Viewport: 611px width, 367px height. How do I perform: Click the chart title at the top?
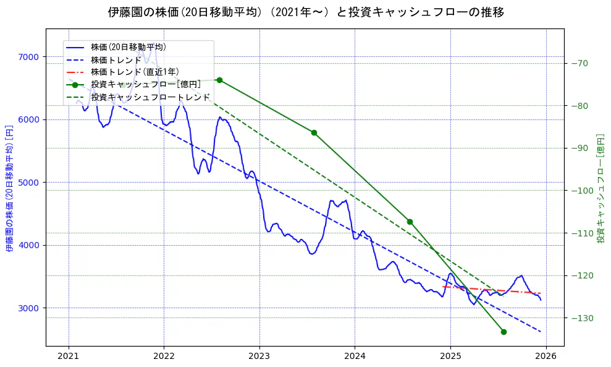[x=306, y=12]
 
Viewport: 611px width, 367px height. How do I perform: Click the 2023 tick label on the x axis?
[x=259, y=356]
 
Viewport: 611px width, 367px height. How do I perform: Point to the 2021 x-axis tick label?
[x=69, y=356]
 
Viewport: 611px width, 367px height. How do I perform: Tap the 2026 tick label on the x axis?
[x=546, y=356]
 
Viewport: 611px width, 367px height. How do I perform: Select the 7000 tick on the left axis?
[x=29, y=57]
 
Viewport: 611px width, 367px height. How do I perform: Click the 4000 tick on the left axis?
[x=29, y=245]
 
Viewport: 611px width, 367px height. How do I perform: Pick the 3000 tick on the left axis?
[x=29, y=308]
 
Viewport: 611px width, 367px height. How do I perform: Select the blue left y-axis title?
[x=9, y=188]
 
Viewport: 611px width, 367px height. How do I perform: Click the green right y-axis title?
[x=600, y=188]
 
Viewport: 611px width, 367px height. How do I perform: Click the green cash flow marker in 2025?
[x=504, y=332]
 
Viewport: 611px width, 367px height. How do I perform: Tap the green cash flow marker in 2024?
[x=410, y=222]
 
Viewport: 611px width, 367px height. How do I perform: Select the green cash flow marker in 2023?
[x=314, y=132]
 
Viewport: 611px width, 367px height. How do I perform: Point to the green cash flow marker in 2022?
[x=219, y=80]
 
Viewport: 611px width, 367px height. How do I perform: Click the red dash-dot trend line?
[x=494, y=290]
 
